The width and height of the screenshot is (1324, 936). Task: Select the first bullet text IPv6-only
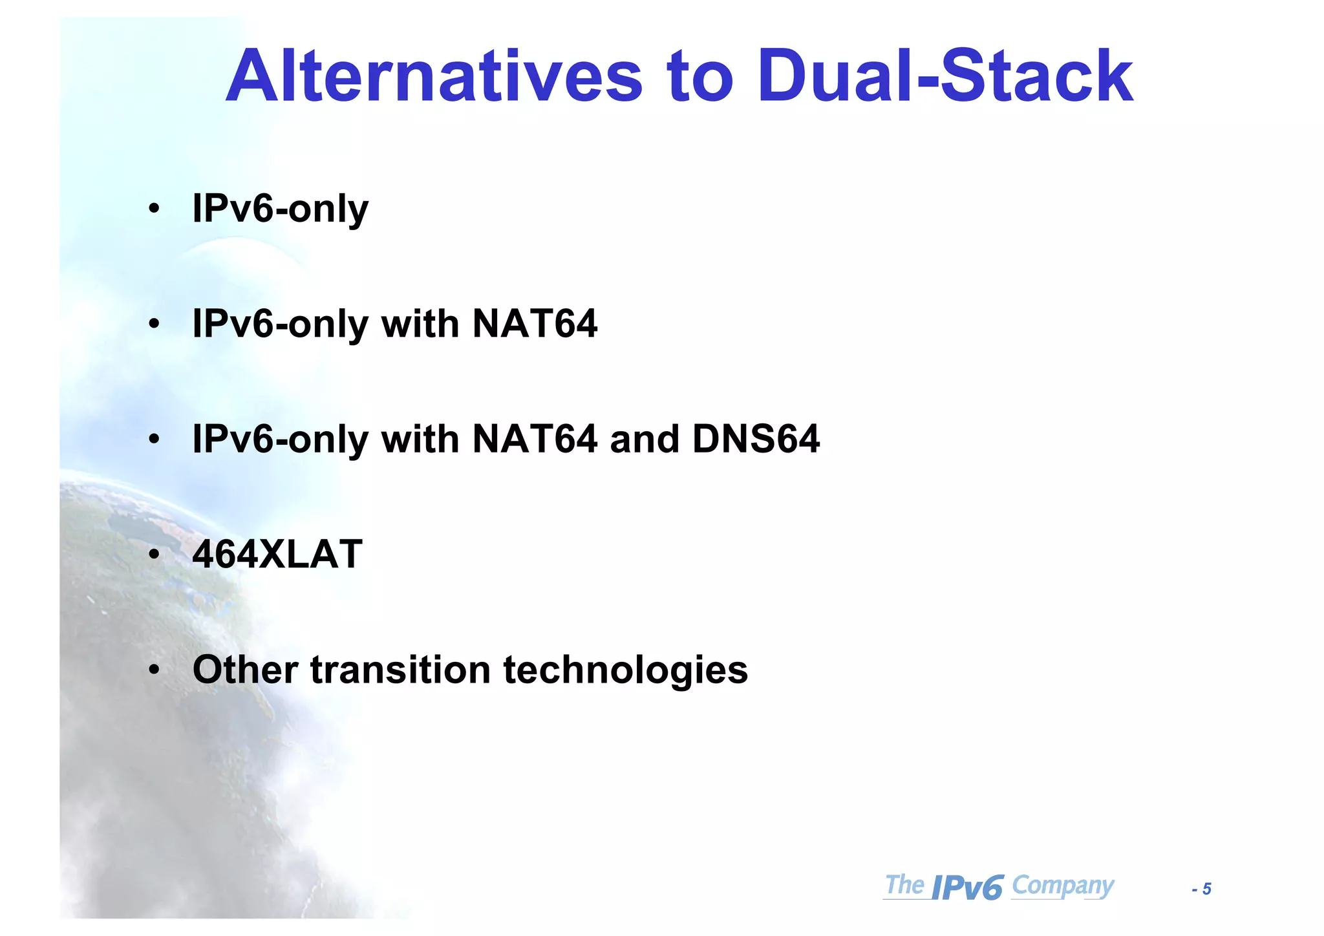(x=280, y=209)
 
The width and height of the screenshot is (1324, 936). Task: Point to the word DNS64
(x=756, y=439)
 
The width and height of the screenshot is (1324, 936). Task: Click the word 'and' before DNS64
(x=645, y=439)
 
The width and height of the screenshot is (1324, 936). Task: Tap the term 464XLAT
(x=277, y=554)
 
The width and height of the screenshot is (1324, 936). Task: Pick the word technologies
(x=625, y=670)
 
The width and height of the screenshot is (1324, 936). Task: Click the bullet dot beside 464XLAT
(x=154, y=555)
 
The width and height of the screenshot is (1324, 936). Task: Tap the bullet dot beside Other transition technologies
(x=154, y=670)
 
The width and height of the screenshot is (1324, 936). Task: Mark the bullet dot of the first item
(x=154, y=209)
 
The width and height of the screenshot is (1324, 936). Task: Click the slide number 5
(x=1206, y=889)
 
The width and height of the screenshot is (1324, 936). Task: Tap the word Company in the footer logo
(x=1063, y=885)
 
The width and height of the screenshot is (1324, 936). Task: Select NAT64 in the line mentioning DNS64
(x=535, y=439)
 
